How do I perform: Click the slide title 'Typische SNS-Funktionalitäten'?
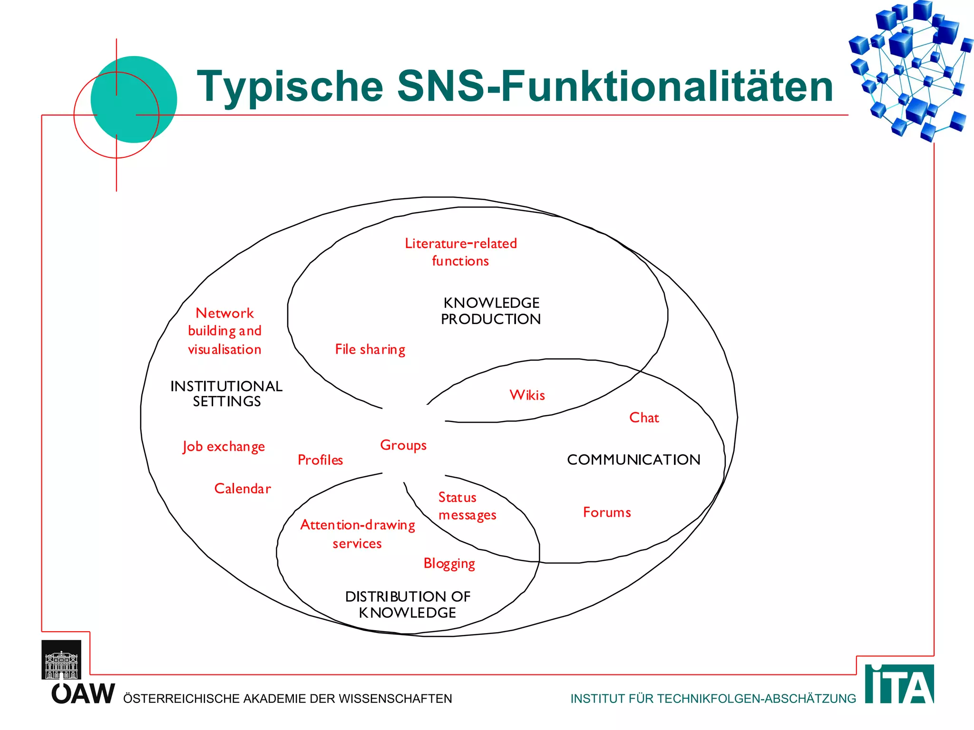click(515, 86)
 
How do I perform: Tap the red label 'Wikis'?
click(527, 395)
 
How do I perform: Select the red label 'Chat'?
click(644, 418)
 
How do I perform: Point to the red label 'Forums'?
click(607, 512)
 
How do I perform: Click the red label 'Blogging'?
click(449, 564)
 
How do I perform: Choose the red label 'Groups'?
click(403, 445)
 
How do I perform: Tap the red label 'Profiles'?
click(320, 460)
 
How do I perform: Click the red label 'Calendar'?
click(243, 489)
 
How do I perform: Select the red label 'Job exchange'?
click(224, 447)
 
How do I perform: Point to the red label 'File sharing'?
click(370, 350)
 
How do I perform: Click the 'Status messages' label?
click(467, 506)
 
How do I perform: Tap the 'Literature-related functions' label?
click(460, 252)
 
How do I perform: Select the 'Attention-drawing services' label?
click(358, 534)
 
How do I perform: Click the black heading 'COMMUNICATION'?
click(633, 460)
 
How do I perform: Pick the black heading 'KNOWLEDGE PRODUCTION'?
click(491, 311)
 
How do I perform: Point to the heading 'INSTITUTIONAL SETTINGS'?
click(226, 394)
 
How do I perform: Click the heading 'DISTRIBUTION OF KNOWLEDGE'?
click(408, 605)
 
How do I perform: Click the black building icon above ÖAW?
click(61, 660)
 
